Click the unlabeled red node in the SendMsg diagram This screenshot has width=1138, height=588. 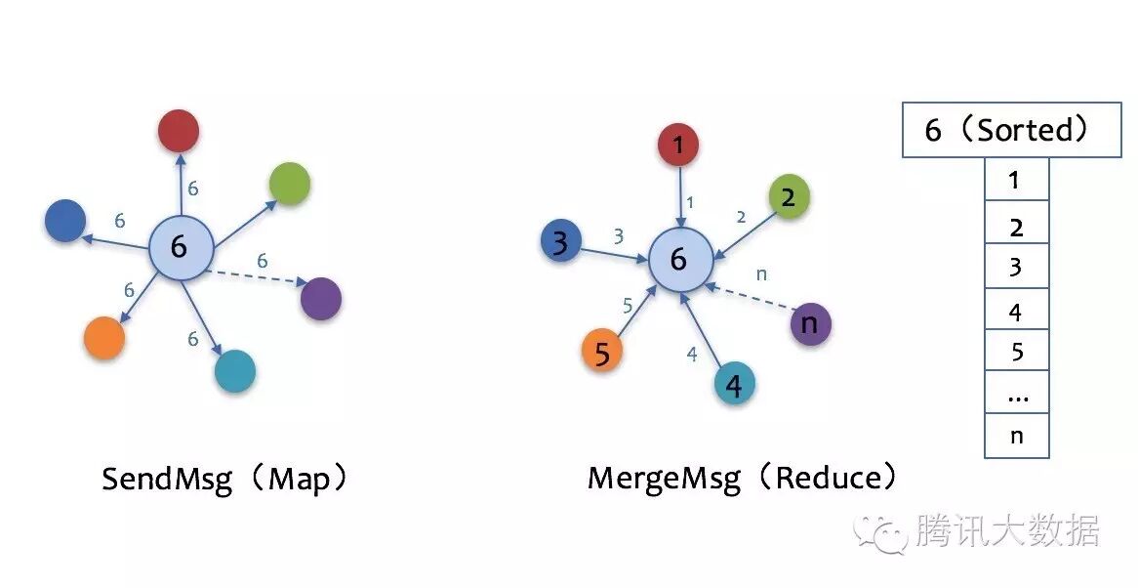click(x=178, y=131)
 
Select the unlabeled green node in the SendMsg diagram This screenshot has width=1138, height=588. click(x=289, y=184)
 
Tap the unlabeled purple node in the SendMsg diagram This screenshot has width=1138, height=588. click(x=321, y=298)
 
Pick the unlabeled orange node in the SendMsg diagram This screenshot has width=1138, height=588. click(x=103, y=338)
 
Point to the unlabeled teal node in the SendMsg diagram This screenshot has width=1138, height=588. click(x=234, y=371)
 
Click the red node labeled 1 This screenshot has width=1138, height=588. click(x=678, y=146)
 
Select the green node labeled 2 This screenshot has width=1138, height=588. click(x=789, y=197)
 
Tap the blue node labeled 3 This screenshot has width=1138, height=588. click(x=560, y=242)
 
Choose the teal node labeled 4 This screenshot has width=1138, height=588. click(x=734, y=385)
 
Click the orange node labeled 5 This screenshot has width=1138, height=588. click(x=602, y=353)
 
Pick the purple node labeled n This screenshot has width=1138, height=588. click(x=810, y=322)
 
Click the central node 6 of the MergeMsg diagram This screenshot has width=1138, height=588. click(x=679, y=260)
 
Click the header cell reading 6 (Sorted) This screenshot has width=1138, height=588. click(x=1011, y=130)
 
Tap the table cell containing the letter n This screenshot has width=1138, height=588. click(x=1016, y=436)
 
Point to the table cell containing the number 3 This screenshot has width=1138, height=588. click(x=1016, y=267)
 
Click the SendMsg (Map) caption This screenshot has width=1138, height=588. click(x=226, y=480)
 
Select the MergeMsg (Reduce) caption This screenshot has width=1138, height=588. click(x=742, y=479)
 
